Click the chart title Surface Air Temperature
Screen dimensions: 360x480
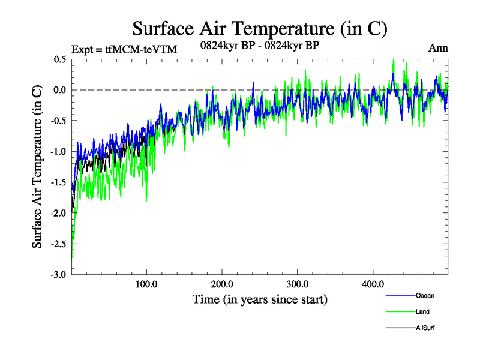point(259,29)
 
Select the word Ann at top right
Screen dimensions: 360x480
point(438,48)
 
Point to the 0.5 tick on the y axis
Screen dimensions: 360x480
point(59,59)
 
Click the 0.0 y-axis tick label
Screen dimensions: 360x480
point(59,90)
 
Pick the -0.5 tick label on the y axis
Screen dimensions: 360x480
point(58,121)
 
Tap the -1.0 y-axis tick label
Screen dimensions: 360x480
point(58,151)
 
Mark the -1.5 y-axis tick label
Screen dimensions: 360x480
point(58,182)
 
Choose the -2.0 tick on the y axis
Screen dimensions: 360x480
point(58,213)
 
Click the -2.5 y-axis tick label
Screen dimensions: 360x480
point(58,244)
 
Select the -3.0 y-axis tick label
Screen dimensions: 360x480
point(58,274)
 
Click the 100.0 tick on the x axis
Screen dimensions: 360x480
point(146,284)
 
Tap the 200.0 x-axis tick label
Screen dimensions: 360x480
point(222,284)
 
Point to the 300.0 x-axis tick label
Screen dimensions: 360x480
point(298,284)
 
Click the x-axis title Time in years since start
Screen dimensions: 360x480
point(260,299)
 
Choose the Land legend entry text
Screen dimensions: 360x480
point(422,312)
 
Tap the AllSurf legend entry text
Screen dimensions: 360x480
point(425,328)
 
